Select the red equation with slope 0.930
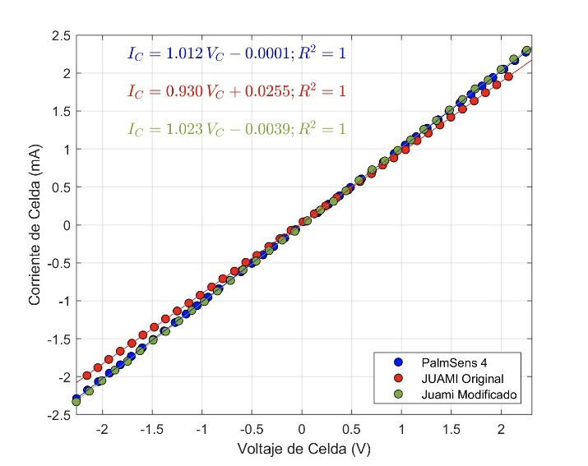(237, 91)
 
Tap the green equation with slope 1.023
(237, 129)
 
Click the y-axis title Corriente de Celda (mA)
(35, 225)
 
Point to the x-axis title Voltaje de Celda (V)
(303, 450)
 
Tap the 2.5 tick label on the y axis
(60, 35)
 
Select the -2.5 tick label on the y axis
(58, 415)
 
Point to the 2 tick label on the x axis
(501, 430)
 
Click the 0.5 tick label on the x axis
(352, 430)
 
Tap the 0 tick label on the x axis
(302, 430)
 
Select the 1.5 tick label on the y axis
(60, 111)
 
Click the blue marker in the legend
(399, 361)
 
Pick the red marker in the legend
(399, 378)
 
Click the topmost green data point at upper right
(526, 51)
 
